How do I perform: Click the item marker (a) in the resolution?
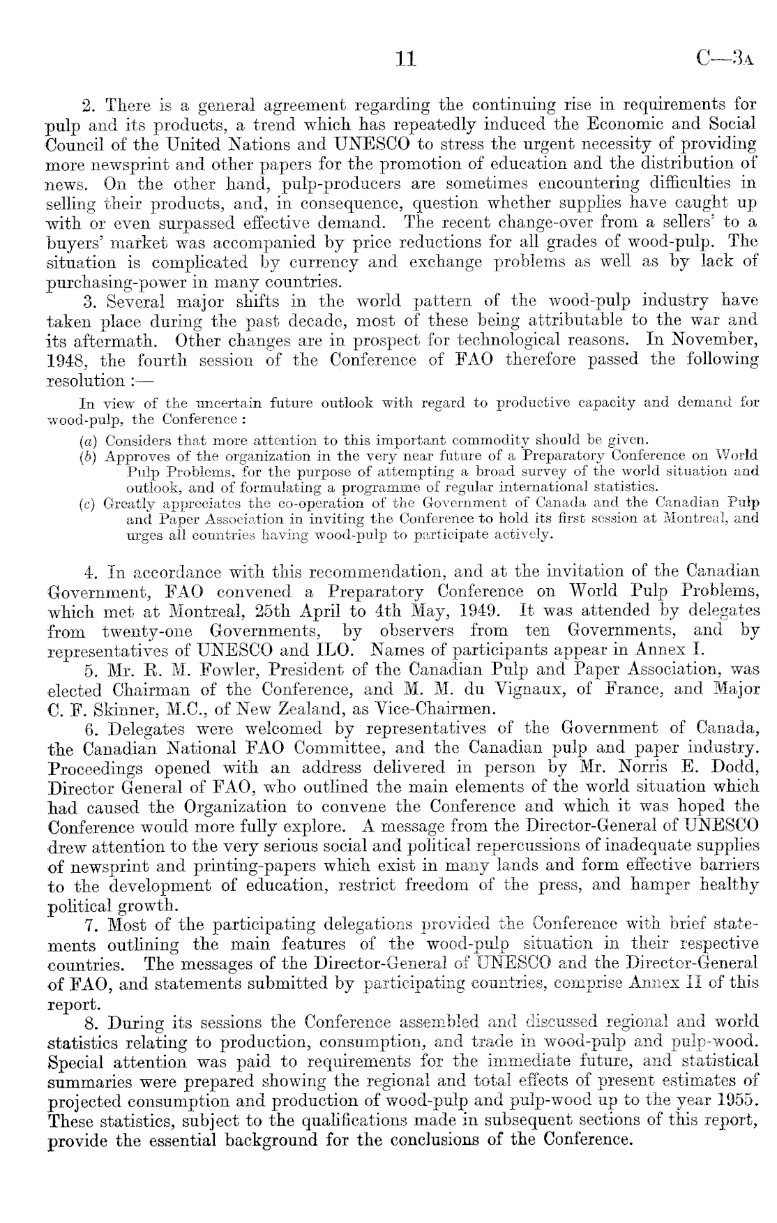point(87,441)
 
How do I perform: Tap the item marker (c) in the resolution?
point(87,503)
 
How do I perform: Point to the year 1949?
point(477,610)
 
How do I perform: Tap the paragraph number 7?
point(89,926)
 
